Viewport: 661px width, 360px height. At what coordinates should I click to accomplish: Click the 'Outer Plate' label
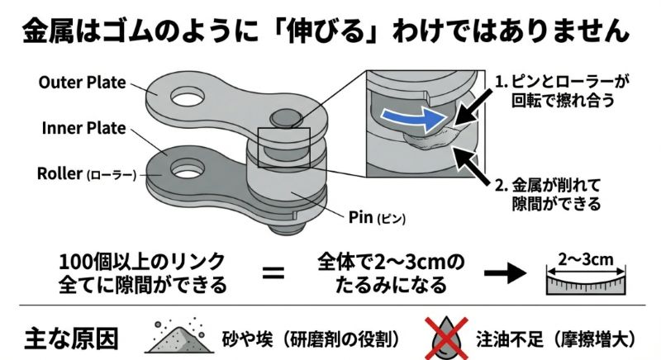coord(82,83)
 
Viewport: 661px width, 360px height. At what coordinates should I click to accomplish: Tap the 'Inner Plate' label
coord(82,128)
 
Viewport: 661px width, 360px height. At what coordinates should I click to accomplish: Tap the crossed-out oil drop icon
coord(447,337)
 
